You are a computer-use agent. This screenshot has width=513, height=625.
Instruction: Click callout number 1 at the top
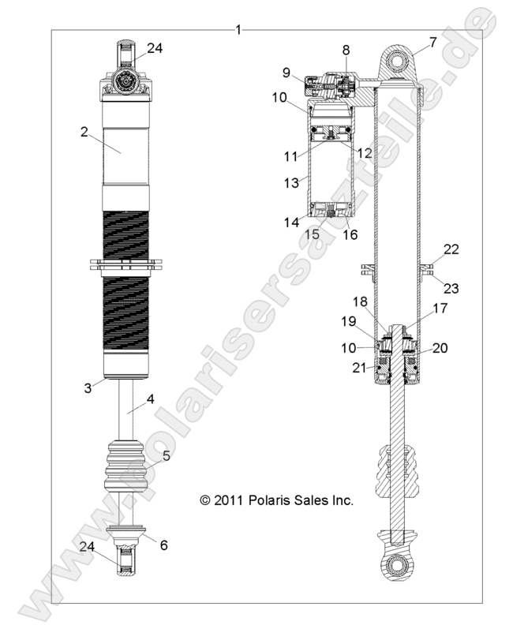click(x=238, y=30)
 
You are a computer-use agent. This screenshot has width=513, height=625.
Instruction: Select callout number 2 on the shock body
click(x=84, y=132)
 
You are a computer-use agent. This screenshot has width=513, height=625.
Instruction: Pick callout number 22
click(x=451, y=249)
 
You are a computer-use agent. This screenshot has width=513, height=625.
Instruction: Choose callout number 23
click(x=451, y=288)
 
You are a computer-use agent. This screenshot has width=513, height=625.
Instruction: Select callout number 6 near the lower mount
click(x=163, y=545)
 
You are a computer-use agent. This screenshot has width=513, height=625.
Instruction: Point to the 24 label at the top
click(x=155, y=47)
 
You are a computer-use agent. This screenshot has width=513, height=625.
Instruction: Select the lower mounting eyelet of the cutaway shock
click(x=396, y=565)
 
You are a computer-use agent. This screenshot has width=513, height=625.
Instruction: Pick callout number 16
click(x=349, y=235)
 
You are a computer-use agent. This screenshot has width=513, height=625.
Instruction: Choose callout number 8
click(x=345, y=50)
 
